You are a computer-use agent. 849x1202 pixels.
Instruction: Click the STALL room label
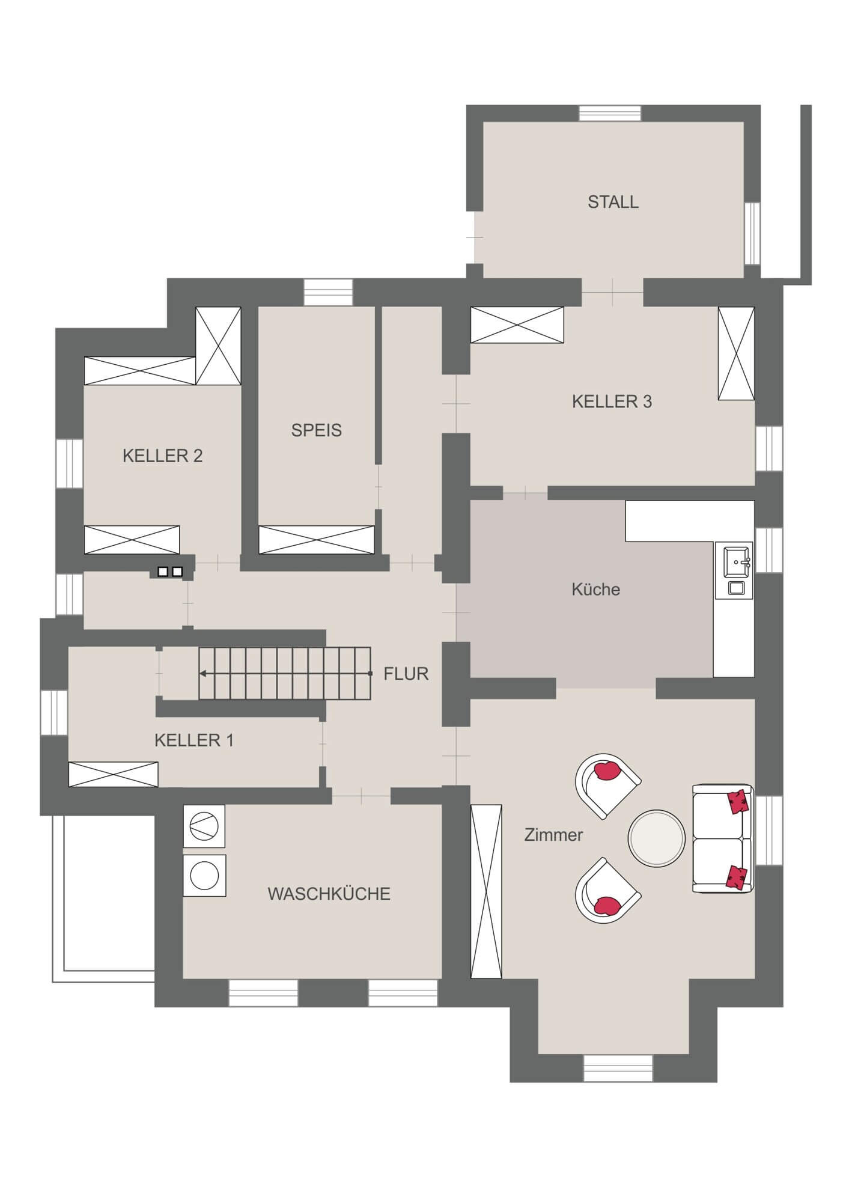tap(613, 202)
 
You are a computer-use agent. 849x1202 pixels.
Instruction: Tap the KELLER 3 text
tap(612, 401)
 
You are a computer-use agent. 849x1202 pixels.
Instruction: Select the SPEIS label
tap(316, 430)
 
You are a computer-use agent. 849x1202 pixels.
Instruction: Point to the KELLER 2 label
tap(162, 456)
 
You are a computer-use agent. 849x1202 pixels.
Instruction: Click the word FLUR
tap(406, 674)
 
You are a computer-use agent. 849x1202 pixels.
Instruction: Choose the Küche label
tap(595, 590)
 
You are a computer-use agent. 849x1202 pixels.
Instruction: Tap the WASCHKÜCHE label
tap(329, 894)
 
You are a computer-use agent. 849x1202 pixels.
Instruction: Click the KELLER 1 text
tap(193, 740)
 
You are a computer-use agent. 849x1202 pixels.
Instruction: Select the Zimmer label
tap(553, 835)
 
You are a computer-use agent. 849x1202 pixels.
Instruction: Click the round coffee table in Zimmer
tap(656, 839)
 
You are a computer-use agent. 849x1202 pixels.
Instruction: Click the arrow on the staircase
tap(204, 673)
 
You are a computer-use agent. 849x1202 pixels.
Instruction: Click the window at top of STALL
tap(610, 114)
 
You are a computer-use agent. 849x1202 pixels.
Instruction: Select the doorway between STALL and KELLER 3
tap(612, 292)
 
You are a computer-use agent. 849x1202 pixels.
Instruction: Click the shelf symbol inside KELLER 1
tap(114, 774)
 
